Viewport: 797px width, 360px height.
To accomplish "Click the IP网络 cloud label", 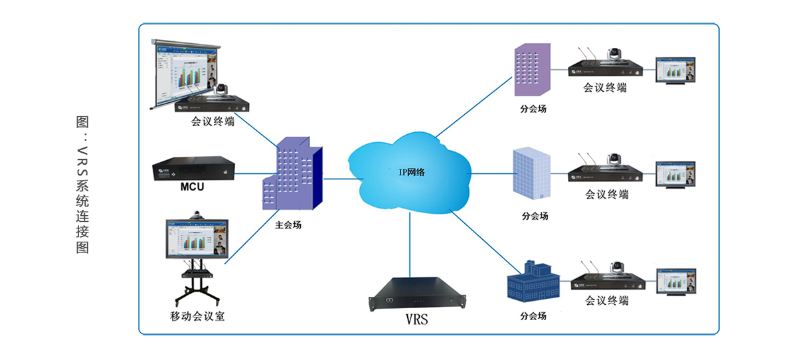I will click(411, 172).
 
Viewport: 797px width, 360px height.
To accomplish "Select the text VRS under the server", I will click(416, 319).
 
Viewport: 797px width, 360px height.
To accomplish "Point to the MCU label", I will click(192, 187).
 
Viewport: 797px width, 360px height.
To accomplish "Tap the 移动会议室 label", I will click(197, 316).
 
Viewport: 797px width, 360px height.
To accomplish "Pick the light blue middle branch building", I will click(532, 173).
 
